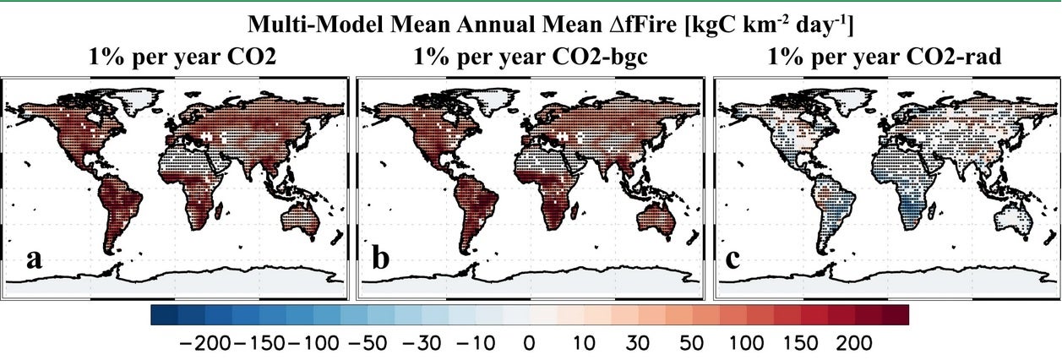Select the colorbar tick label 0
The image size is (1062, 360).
click(x=528, y=344)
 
